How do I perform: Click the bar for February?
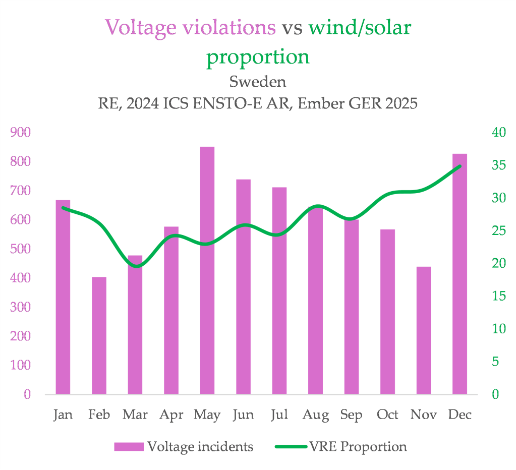(99, 335)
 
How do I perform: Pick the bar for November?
(424, 330)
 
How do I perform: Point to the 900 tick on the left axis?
(21, 133)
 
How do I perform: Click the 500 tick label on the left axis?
(21, 249)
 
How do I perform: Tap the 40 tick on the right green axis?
(498, 133)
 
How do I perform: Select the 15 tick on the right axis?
(498, 296)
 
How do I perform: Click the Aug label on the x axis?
(315, 415)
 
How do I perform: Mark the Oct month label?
(387, 415)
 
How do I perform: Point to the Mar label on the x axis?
(135, 415)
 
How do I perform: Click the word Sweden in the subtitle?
(258, 81)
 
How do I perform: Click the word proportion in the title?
(258, 56)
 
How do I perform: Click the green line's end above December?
(460, 166)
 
